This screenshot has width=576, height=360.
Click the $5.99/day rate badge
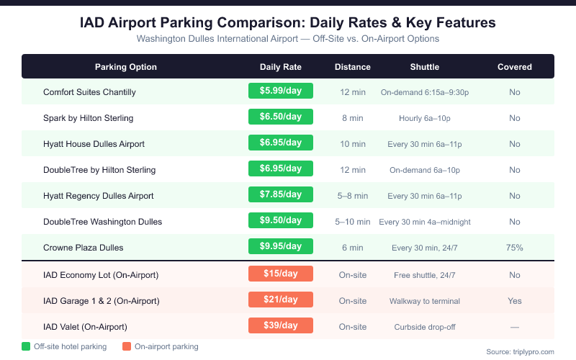(x=281, y=91)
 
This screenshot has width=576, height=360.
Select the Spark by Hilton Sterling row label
(x=88, y=117)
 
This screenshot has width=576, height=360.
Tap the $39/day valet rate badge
(x=281, y=325)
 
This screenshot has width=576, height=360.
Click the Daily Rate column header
(x=281, y=67)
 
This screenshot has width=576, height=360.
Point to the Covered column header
(x=515, y=67)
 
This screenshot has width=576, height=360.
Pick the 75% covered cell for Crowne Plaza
(x=515, y=248)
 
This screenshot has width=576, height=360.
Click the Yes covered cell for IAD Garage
(x=515, y=300)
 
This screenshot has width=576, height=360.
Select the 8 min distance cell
(x=353, y=117)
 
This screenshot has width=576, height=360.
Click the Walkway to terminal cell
(x=425, y=300)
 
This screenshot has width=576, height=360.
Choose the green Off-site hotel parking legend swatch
(x=27, y=346)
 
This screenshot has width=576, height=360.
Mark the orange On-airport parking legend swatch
(x=127, y=346)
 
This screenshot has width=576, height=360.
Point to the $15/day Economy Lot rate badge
(x=281, y=274)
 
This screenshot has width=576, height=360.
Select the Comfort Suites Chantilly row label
(x=89, y=91)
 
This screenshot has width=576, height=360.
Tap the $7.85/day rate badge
(x=281, y=195)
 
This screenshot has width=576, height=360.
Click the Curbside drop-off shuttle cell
(x=425, y=326)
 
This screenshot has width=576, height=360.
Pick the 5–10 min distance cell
(x=353, y=222)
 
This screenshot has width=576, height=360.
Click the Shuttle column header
(x=425, y=67)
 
